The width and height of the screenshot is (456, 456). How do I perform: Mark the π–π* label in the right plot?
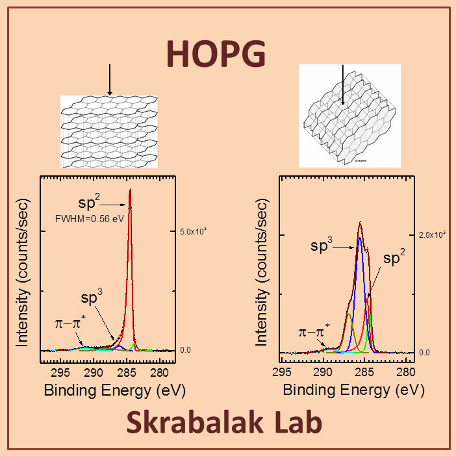314,332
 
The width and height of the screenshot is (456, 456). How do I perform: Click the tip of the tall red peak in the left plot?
130,190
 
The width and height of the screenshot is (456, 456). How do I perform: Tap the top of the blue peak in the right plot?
359,238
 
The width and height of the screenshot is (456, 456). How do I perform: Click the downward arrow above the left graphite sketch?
110,79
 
